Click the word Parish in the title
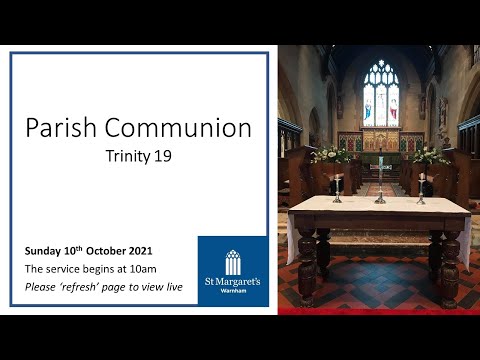[61, 128]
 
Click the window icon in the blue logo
[232, 261]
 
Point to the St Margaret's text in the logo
[232, 283]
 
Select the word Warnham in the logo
[232, 294]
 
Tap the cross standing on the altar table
[380, 180]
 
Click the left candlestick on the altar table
[338, 187]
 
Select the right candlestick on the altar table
[421, 187]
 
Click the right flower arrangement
[429, 154]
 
